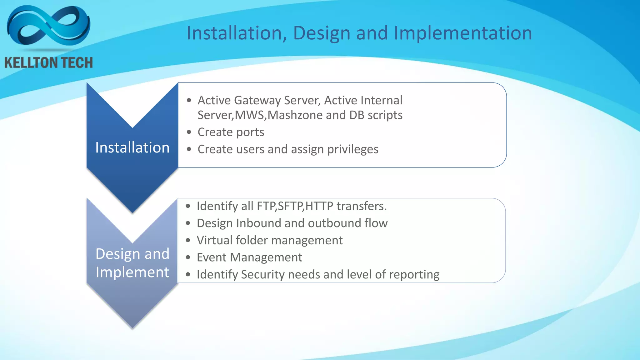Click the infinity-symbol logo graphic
(x=48, y=27)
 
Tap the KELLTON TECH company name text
(x=48, y=63)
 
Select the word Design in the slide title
(x=322, y=33)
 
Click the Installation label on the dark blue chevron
(x=132, y=147)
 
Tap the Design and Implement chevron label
(x=132, y=263)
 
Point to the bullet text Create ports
(x=231, y=132)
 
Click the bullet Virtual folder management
(x=269, y=240)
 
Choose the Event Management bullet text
(x=249, y=257)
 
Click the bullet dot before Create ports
(x=189, y=132)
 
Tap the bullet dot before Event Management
(x=188, y=257)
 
